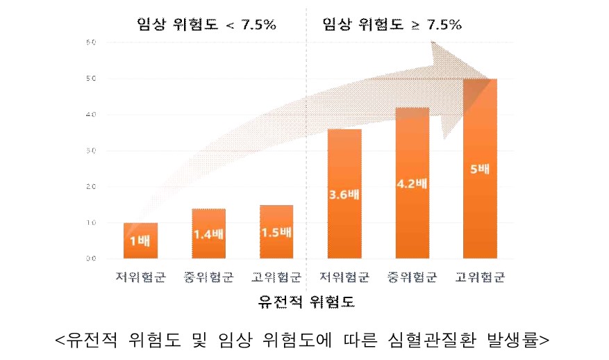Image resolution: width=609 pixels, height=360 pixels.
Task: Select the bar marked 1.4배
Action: click(209, 234)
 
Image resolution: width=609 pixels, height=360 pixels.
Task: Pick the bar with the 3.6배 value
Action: click(344, 194)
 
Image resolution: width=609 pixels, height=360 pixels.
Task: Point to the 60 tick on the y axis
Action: click(90, 43)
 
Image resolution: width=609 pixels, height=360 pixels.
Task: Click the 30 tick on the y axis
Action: click(90, 151)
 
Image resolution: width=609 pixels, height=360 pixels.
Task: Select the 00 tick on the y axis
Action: click(90, 259)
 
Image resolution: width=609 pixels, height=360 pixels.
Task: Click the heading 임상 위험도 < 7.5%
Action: click(207, 24)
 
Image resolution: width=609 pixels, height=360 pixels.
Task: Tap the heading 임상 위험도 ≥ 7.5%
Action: click(392, 24)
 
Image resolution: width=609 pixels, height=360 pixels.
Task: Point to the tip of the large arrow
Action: click(494, 79)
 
